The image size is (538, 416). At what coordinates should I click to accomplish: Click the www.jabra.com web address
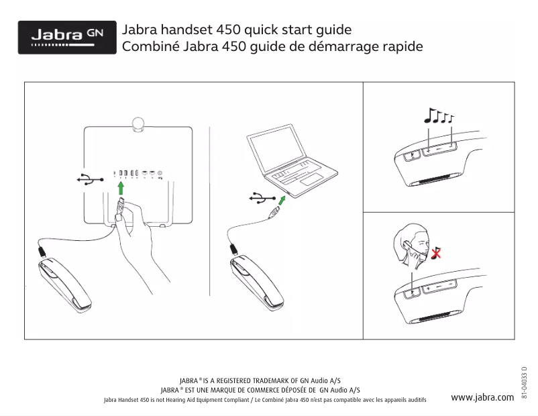click(482, 397)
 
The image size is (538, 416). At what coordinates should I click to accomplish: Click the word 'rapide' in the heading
click(402, 48)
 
